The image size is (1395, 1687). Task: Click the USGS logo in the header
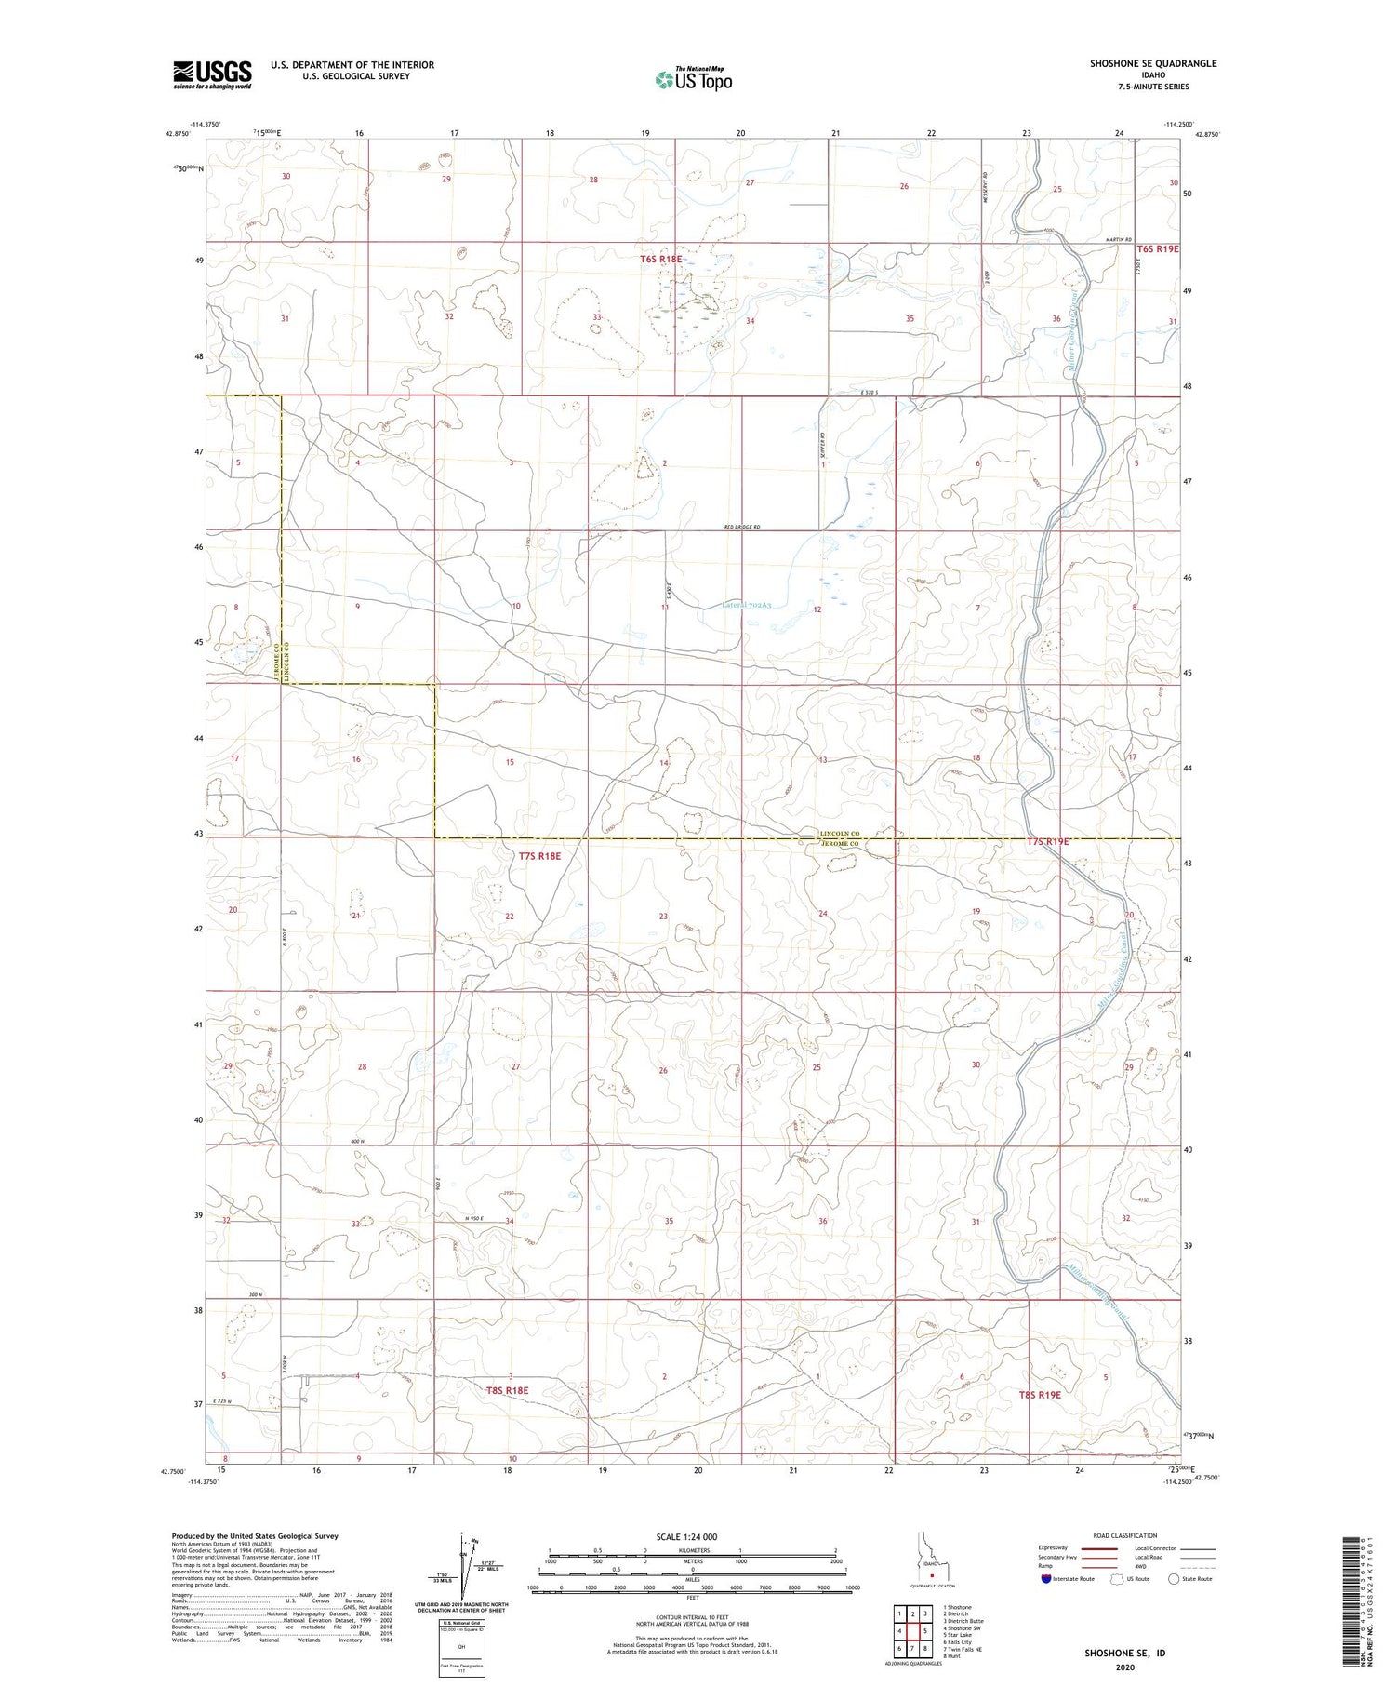tap(212, 74)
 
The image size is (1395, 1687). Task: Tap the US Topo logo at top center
tap(693, 80)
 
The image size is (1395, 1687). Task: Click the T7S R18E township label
tap(539, 855)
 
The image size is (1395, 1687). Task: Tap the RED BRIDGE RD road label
tap(742, 528)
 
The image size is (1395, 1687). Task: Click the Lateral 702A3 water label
tap(749, 605)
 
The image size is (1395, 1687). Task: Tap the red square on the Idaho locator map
tap(931, 1575)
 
